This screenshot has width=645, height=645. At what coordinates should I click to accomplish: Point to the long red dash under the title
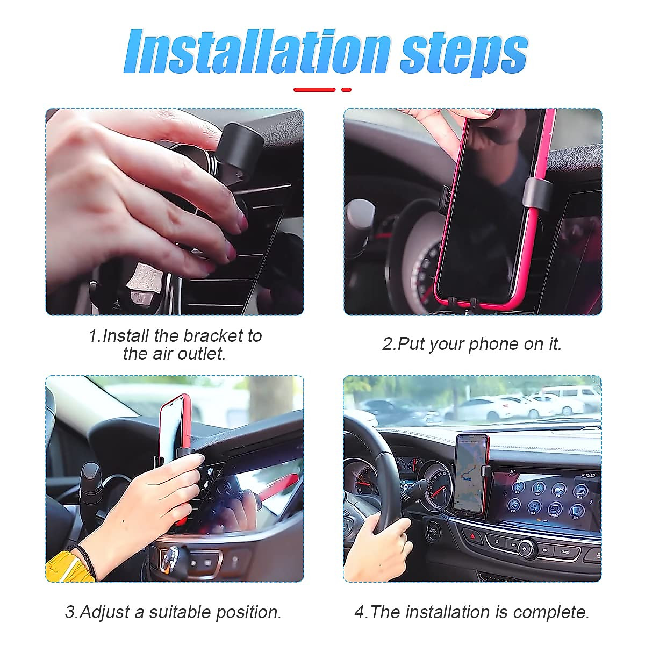(x=314, y=90)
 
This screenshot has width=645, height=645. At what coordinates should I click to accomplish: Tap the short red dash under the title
(x=346, y=90)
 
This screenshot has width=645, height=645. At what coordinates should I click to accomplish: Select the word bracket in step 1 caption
(x=213, y=336)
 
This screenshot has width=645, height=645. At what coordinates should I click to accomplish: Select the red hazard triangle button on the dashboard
(x=474, y=535)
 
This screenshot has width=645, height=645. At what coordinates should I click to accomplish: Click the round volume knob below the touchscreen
(x=525, y=549)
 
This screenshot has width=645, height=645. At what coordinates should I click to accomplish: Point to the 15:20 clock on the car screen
(x=589, y=475)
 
